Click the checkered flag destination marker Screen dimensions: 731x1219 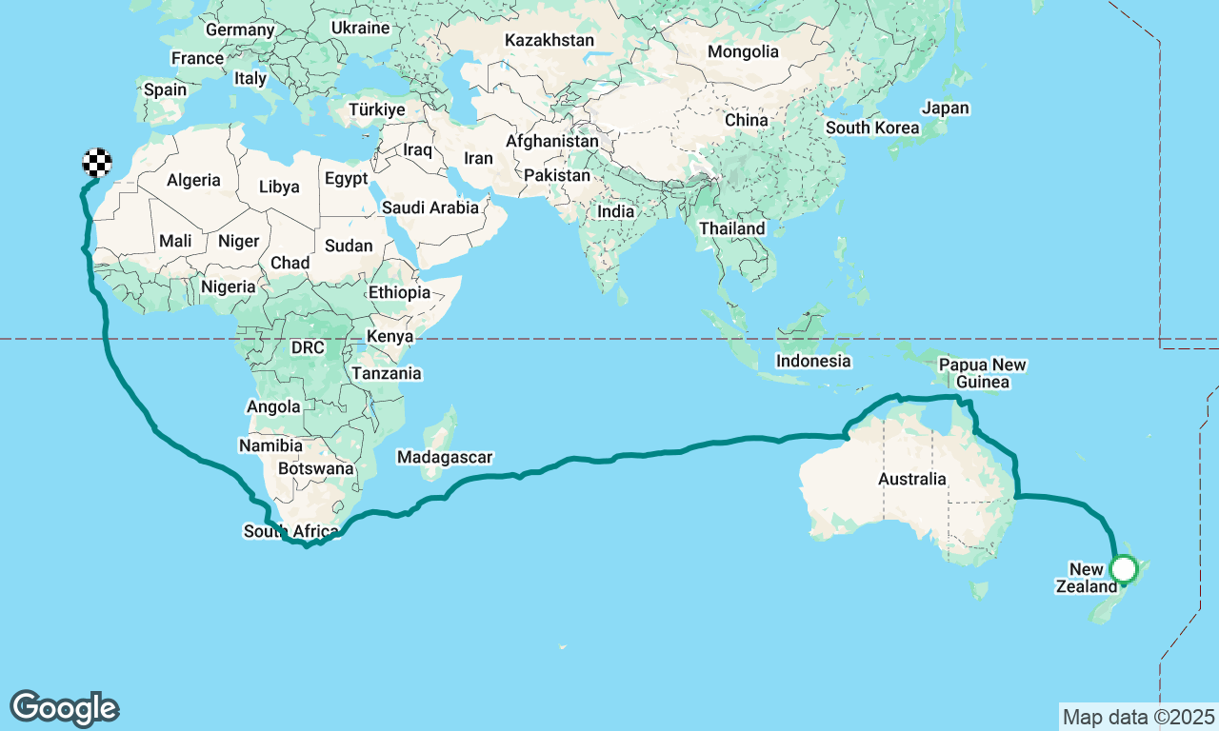pyautogui.click(x=97, y=164)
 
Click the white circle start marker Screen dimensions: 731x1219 pyautogui.click(x=1125, y=569)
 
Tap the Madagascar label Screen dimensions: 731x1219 pyautogui.click(x=445, y=458)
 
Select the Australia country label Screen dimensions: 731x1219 pyautogui.click(x=912, y=479)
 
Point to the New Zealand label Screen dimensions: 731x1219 pyautogui.click(x=1086, y=579)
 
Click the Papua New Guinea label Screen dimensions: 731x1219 pyautogui.click(x=982, y=373)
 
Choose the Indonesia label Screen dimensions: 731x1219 pyautogui.click(x=812, y=361)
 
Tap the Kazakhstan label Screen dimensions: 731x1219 pyautogui.click(x=550, y=40)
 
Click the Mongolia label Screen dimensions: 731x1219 pyautogui.click(x=743, y=51)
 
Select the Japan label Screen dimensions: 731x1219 pyautogui.click(x=946, y=108)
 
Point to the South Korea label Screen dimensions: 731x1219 pyautogui.click(x=872, y=128)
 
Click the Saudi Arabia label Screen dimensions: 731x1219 pyautogui.click(x=430, y=207)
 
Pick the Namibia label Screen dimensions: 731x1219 pyautogui.click(x=270, y=445)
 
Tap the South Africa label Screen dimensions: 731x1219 pyautogui.click(x=290, y=531)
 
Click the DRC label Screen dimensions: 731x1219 pyautogui.click(x=308, y=347)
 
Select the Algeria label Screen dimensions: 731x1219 pyautogui.click(x=193, y=180)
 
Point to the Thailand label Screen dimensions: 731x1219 pyautogui.click(x=731, y=228)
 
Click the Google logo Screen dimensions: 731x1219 pyautogui.click(x=64, y=709)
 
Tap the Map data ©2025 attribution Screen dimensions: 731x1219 pyautogui.click(x=1138, y=717)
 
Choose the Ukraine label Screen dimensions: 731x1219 pyautogui.click(x=360, y=28)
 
